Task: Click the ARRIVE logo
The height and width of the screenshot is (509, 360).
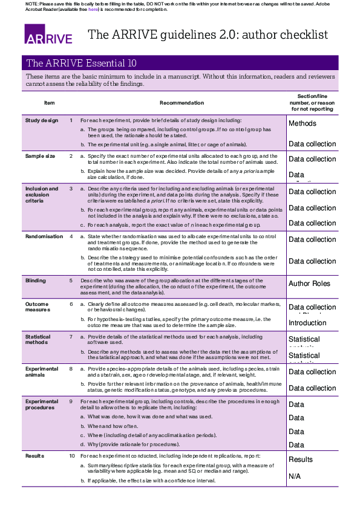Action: [48, 34]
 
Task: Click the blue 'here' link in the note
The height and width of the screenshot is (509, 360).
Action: [93, 10]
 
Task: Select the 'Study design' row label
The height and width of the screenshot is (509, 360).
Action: [42, 120]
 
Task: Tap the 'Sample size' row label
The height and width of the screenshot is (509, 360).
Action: [40, 156]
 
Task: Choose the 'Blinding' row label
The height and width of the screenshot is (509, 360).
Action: [35, 280]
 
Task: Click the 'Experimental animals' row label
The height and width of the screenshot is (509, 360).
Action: [42, 372]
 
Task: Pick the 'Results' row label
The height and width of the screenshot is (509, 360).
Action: [34, 455]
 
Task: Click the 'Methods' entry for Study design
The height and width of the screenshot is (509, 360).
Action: [303, 123]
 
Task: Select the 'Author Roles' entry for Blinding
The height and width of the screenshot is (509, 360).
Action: [309, 284]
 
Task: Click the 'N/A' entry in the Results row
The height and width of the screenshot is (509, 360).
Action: [295, 476]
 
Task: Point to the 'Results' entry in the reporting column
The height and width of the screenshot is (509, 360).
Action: [301, 459]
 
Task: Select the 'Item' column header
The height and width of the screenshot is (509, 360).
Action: [50, 103]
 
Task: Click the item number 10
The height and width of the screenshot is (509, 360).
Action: [72, 455]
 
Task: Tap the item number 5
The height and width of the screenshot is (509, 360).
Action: [71, 280]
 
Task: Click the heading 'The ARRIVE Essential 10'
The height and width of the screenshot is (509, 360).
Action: [81, 63]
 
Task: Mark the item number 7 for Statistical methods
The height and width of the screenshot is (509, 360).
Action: [71, 336]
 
